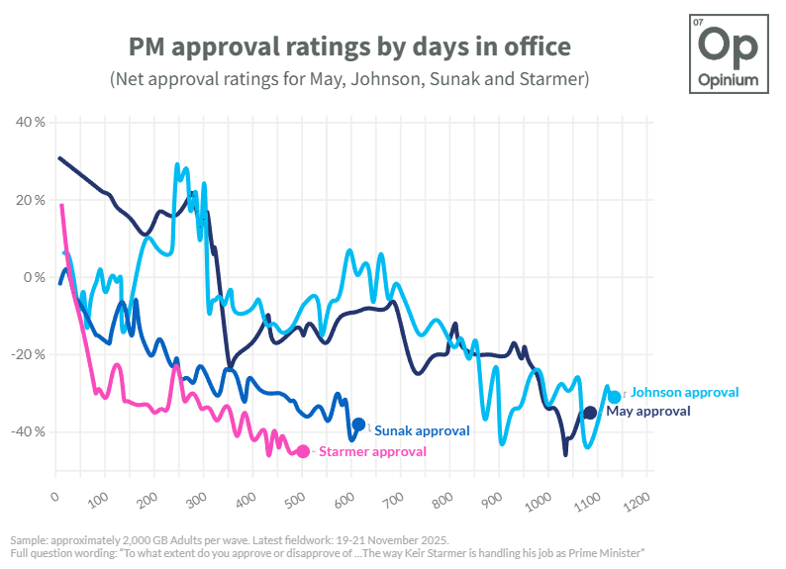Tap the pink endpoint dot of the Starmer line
coord(303,451)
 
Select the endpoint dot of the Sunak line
coord(358,425)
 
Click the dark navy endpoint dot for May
coord(590,412)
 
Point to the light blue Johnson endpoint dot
coord(615,397)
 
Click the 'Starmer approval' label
coord(372,451)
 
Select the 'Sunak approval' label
coord(421,430)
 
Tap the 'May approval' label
coord(647,411)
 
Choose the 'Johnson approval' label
coord(684,393)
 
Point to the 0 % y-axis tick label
coord(34,277)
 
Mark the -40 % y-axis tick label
coord(29,431)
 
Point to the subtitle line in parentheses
coord(349,78)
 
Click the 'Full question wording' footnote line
coord(328,552)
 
